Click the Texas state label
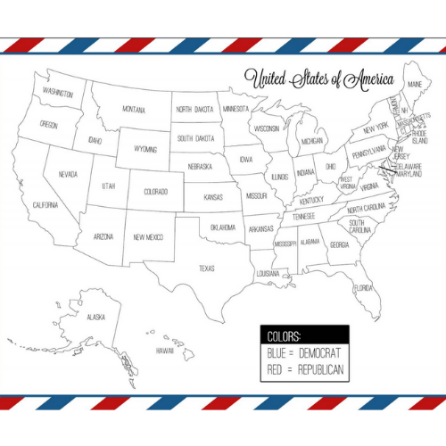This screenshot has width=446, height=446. tap(207, 268)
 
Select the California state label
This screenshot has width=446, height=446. tap(45, 205)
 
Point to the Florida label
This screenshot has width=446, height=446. tap(363, 288)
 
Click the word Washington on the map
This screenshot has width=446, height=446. tap(57, 92)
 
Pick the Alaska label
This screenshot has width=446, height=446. tap(95, 317)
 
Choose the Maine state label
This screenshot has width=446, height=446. tap(414, 85)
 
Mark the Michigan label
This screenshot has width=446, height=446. tap(311, 141)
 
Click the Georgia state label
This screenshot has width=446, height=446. tap(340, 244)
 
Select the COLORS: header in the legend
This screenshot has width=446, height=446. tap(284, 335)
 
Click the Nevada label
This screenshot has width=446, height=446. tap(67, 174)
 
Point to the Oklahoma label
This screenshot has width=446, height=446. tap(223, 227)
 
